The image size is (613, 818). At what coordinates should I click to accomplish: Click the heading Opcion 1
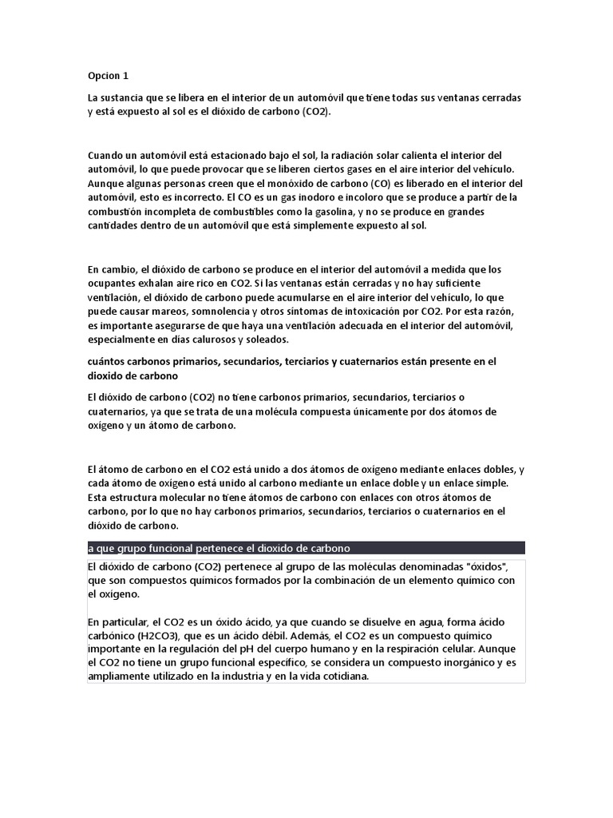(108, 76)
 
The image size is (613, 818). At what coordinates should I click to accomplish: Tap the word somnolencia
(218, 312)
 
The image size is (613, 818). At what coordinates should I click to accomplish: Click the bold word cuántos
(109, 362)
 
